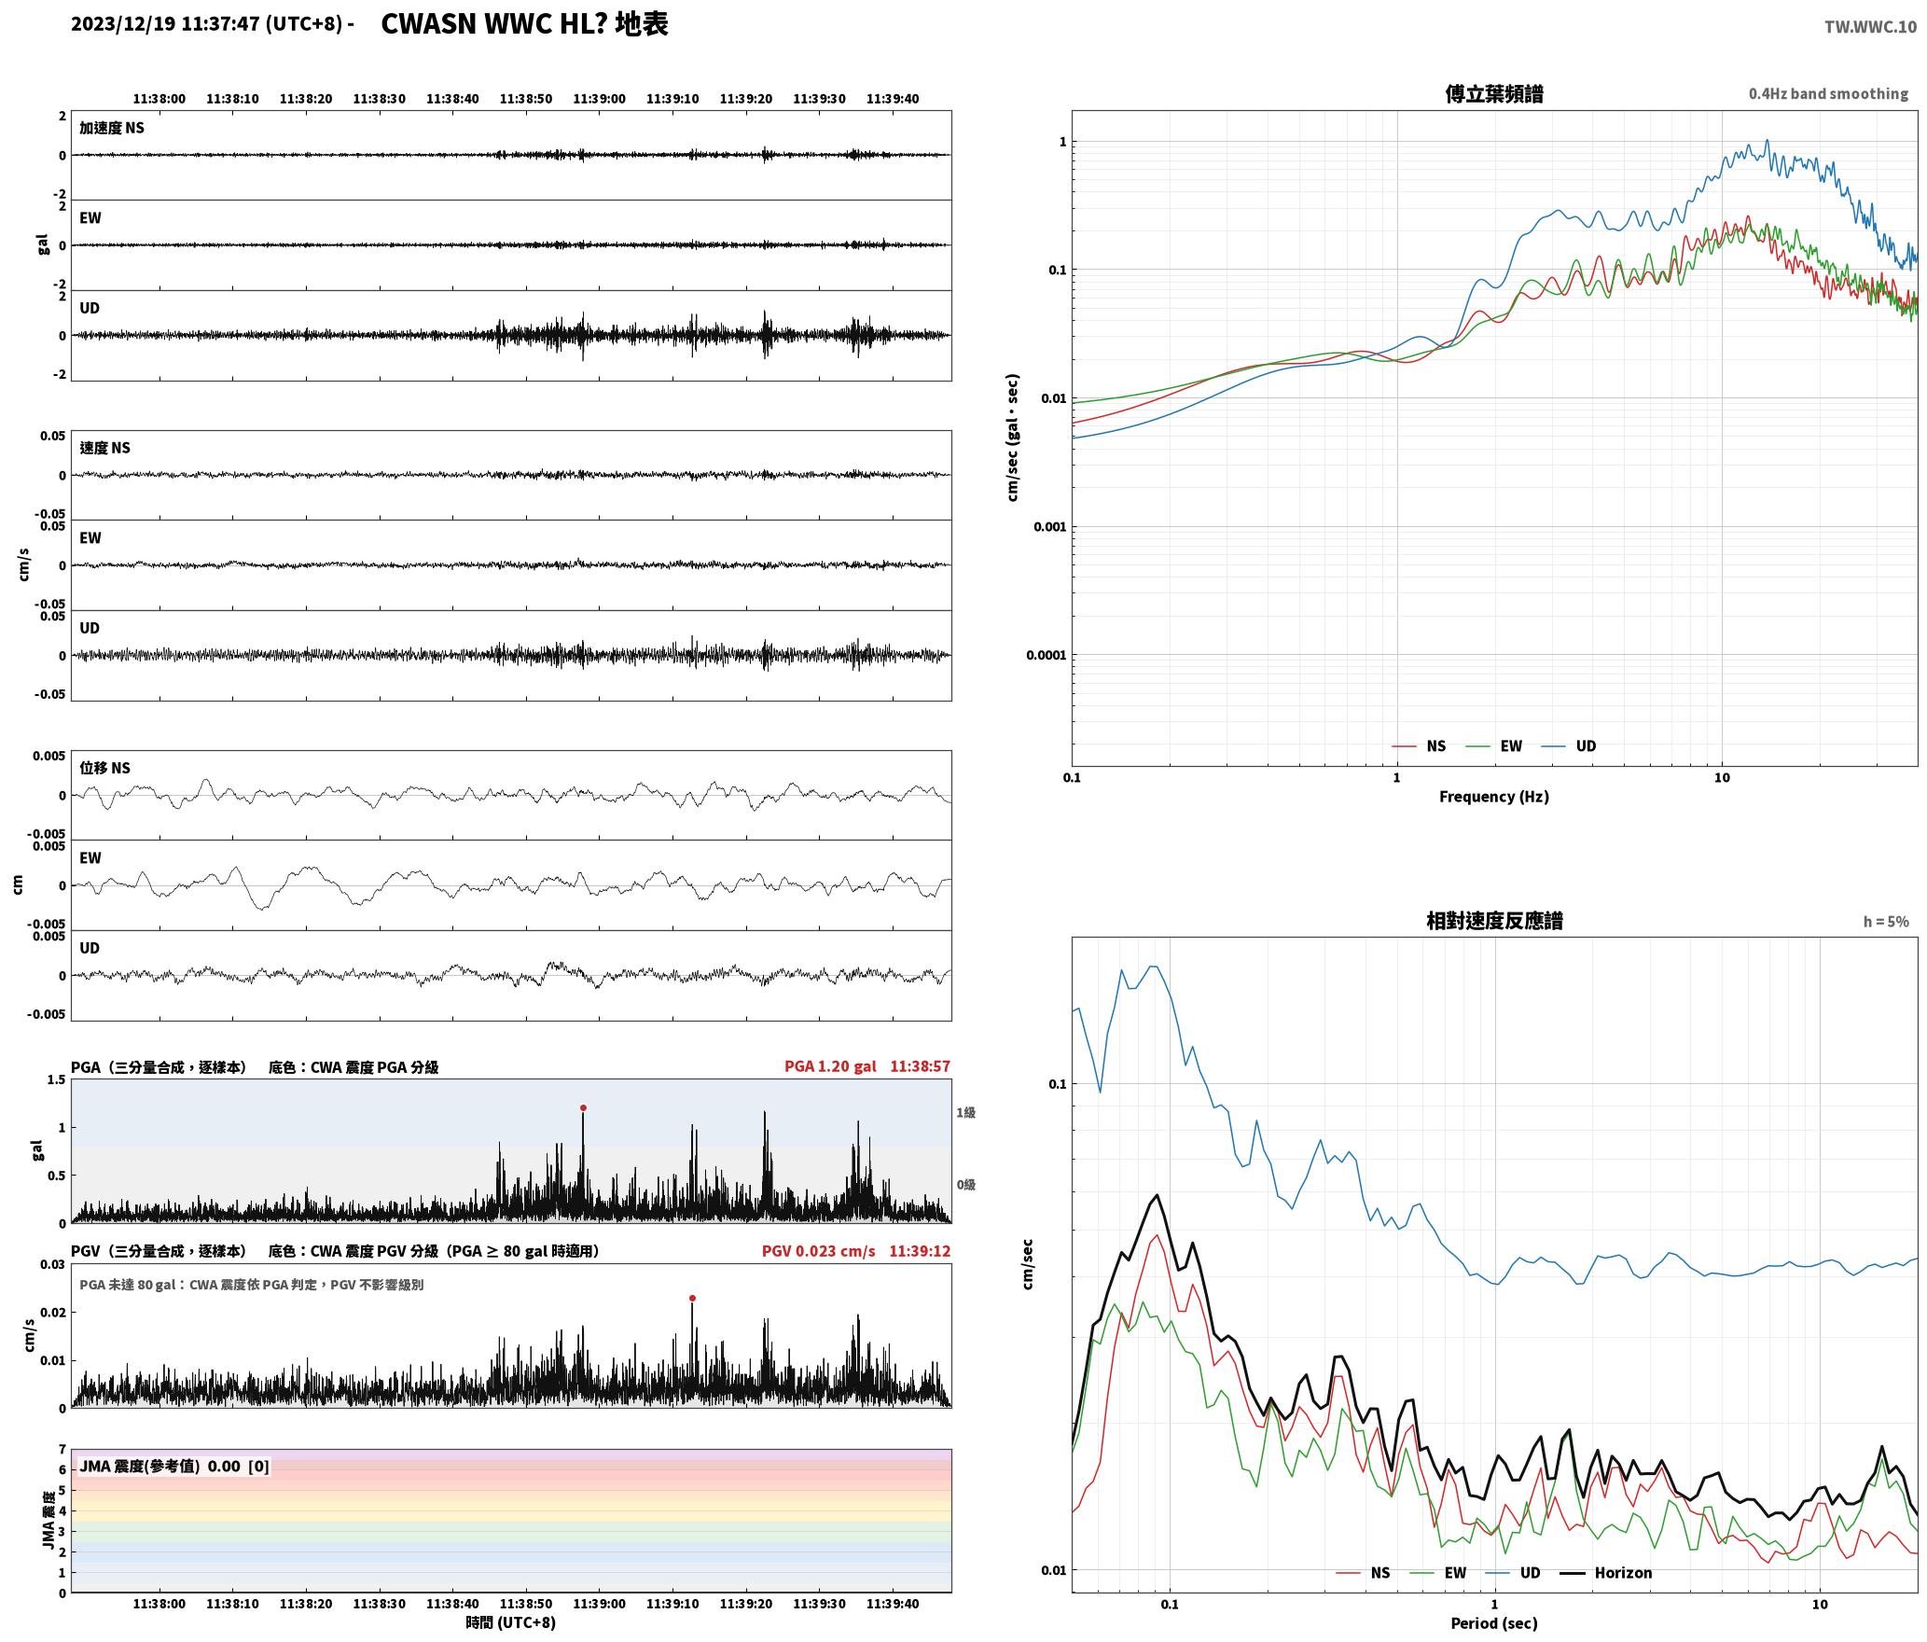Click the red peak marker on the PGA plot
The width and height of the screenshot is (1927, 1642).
coord(583,1108)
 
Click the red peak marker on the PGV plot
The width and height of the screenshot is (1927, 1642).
coord(692,1298)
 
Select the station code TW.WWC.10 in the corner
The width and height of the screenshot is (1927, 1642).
coord(1870,27)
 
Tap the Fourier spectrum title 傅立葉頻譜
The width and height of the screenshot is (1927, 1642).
coord(1493,93)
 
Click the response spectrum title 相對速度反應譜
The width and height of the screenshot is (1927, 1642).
coord(1494,921)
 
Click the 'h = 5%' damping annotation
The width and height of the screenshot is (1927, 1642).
coord(1886,922)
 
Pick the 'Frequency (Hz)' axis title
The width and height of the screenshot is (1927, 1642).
coord(1493,796)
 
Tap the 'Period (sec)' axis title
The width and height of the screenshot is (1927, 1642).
coord(1493,1623)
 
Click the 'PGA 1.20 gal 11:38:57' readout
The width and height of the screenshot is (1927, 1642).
coord(867,1066)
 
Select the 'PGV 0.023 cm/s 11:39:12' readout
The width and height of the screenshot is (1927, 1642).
coord(856,1251)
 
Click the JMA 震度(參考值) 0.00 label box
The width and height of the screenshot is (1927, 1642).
coord(174,1466)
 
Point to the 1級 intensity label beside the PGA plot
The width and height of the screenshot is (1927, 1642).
coord(965,1112)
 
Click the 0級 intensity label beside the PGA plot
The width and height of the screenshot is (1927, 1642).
coord(965,1185)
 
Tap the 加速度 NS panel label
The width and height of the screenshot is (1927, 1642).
coord(112,128)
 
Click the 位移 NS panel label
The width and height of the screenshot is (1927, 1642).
coord(105,768)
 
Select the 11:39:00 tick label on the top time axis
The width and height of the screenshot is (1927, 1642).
coord(599,99)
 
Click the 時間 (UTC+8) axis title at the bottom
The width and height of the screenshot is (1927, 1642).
coord(511,1622)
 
